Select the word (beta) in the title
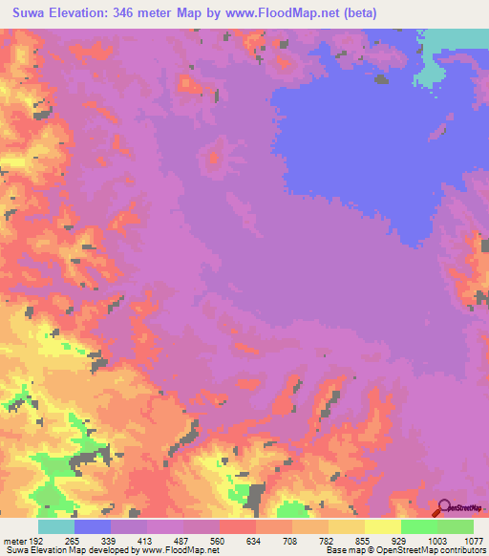coord(355,13)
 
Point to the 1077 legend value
coord(471,541)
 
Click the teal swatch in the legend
coord(56,526)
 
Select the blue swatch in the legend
coord(93,526)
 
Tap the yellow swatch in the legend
coord(382,526)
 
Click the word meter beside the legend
coord(13,541)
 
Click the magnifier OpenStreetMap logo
coord(445,507)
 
